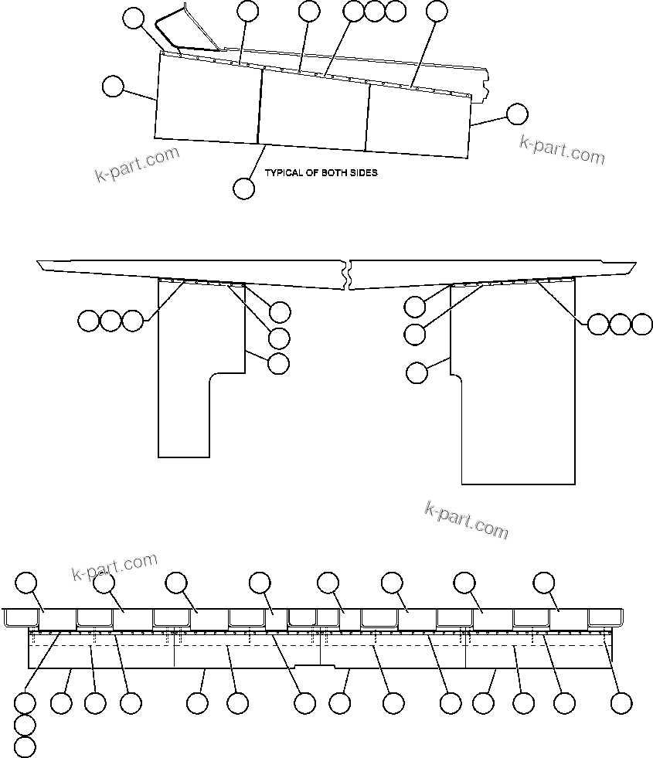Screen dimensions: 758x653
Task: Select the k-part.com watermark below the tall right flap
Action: pyautogui.click(x=466, y=519)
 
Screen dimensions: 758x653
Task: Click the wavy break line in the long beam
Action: pyautogui.click(x=349, y=274)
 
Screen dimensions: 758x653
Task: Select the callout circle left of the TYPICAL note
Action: pyautogui.click(x=243, y=188)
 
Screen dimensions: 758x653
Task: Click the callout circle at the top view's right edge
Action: pyautogui.click(x=516, y=114)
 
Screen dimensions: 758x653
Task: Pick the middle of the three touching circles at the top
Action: pyautogui.click(x=374, y=11)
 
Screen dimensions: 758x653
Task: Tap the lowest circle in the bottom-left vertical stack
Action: pyautogui.click(x=26, y=747)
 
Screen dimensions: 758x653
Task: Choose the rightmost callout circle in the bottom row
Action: pyautogui.click(x=621, y=703)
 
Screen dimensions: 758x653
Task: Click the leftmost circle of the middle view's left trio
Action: pyautogui.click(x=88, y=320)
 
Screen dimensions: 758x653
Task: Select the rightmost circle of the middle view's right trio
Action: pyautogui.click(x=642, y=325)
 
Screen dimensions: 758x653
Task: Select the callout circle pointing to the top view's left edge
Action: pyautogui.click(x=113, y=86)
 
